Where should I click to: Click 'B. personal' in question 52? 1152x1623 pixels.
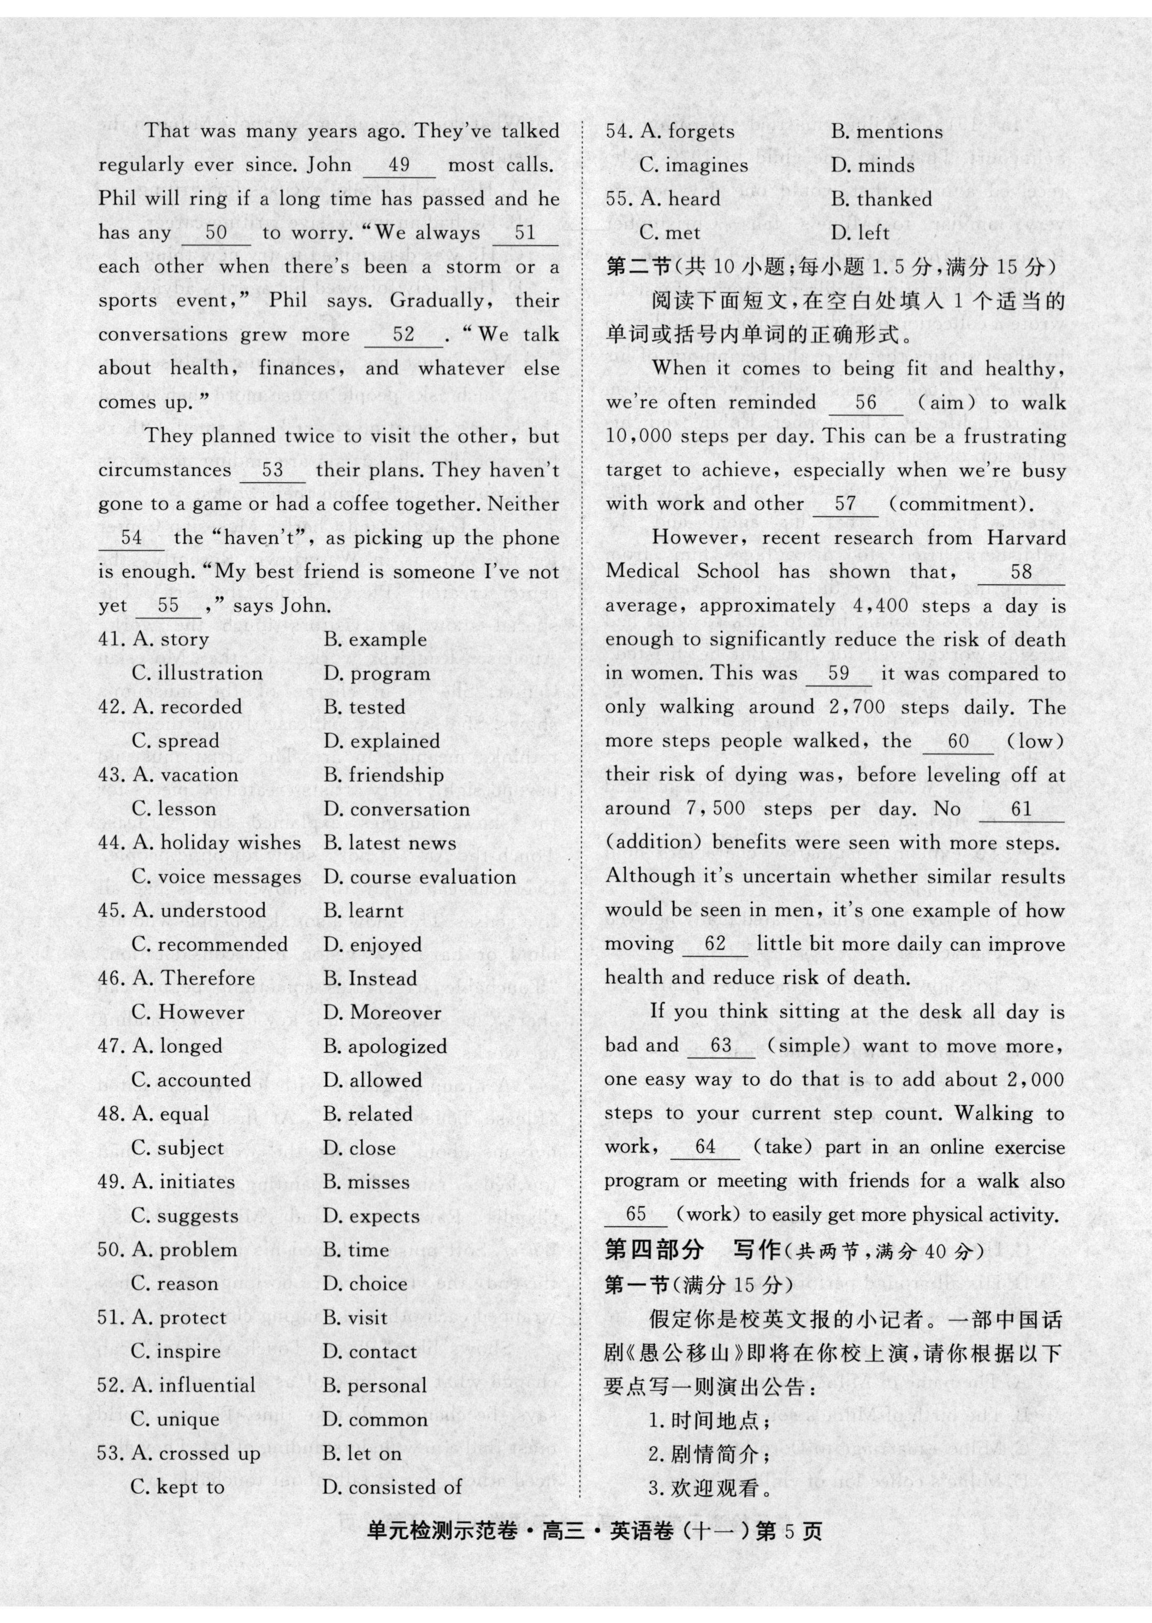(x=375, y=1385)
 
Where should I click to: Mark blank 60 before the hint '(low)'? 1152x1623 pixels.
(x=958, y=742)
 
